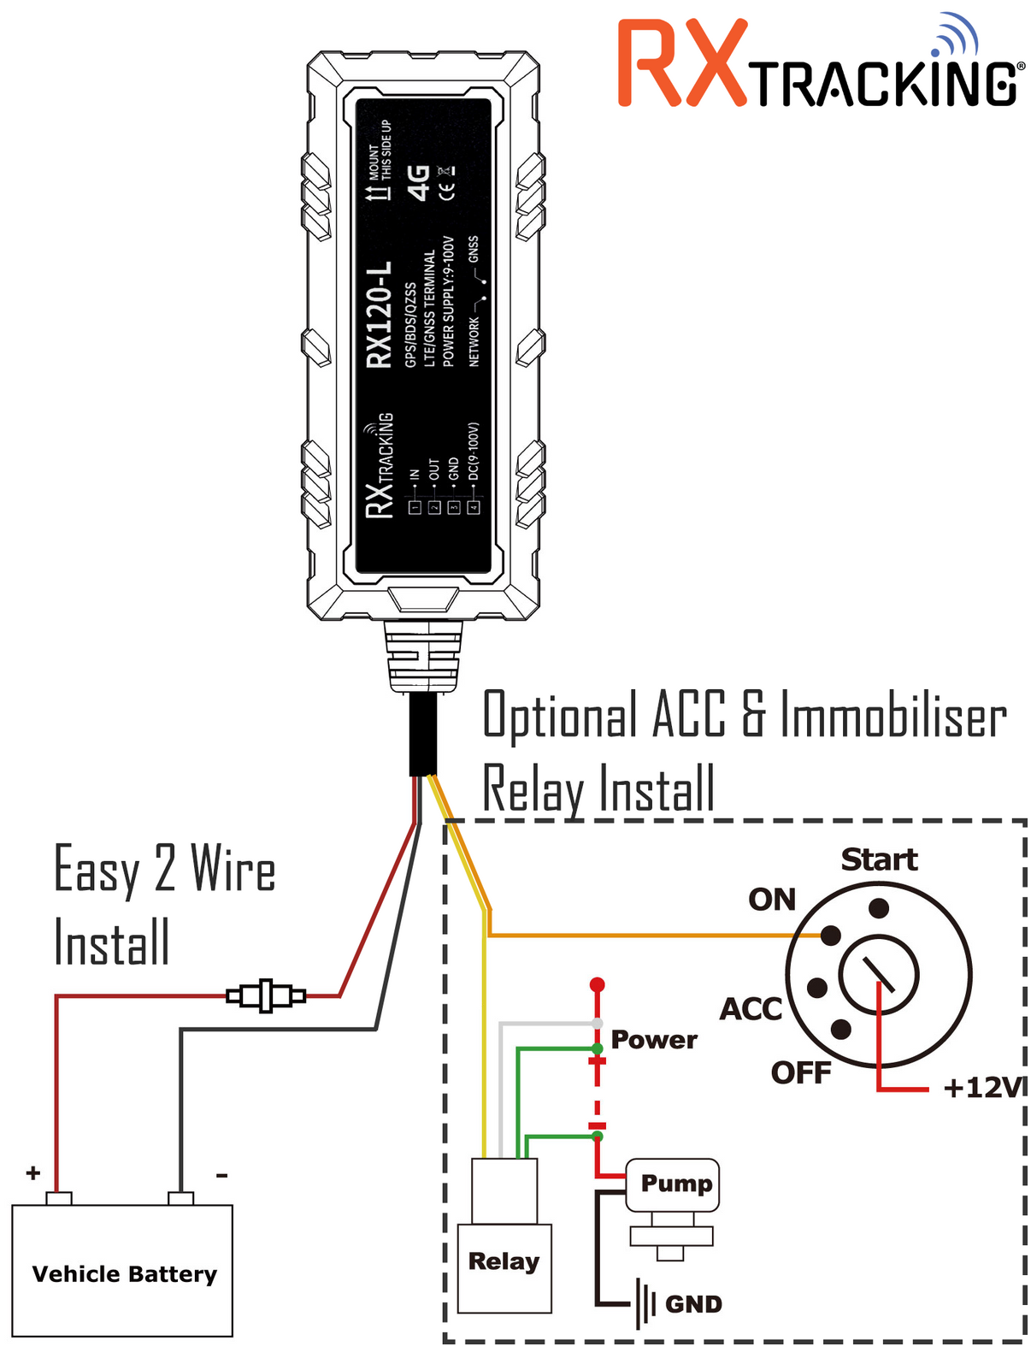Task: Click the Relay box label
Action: [x=504, y=1261]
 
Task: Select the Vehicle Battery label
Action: [x=124, y=1274]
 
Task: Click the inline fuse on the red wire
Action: [x=266, y=995]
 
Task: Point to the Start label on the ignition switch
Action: [x=879, y=859]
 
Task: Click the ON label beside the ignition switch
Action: [x=772, y=900]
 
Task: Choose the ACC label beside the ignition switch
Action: [x=751, y=1009]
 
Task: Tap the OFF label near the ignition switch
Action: [x=800, y=1072]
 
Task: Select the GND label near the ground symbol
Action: [x=693, y=1304]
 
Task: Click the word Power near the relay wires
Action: [x=654, y=1040]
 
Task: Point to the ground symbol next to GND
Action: [x=645, y=1304]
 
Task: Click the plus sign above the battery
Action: [x=33, y=1172]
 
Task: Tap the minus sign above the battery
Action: [x=221, y=1175]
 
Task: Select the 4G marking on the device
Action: [x=419, y=183]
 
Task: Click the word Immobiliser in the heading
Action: [x=893, y=717]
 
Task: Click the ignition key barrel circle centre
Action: [x=879, y=975]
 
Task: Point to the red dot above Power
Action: [x=598, y=984]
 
